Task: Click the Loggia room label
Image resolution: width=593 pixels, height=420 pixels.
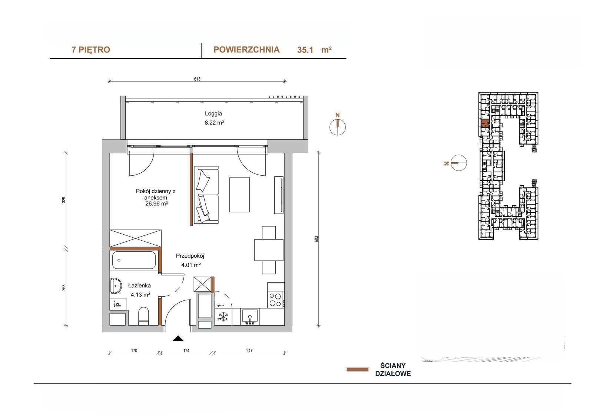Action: pos(213,114)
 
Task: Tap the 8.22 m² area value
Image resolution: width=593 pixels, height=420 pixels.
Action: pos(214,123)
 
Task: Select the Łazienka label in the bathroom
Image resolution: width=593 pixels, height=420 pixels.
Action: pos(139,286)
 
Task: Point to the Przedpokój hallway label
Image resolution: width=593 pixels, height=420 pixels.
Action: pos(190,256)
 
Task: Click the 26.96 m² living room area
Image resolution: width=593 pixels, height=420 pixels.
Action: pos(156,204)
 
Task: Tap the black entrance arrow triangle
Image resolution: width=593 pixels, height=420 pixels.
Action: pos(178,339)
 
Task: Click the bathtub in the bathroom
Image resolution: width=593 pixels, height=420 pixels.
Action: pos(134,260)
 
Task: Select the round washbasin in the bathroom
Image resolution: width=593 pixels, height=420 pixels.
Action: pos(115,286)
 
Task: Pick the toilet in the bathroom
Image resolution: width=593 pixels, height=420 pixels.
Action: pos(144,316)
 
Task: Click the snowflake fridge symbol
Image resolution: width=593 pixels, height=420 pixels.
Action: pos(223,317)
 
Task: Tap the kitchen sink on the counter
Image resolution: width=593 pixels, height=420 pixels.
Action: pos(250,317)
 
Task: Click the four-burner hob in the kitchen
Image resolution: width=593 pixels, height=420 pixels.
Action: pos(276,300)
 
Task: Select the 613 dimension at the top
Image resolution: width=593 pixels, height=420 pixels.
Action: pos(197,79)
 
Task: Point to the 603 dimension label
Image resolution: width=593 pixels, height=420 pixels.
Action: pos(316,239)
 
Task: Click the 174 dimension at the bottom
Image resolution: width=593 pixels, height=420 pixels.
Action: pos(186,351)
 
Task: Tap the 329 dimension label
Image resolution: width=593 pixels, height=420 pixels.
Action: pos(63,200)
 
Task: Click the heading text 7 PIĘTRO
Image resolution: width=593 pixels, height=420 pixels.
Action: pos(91,50)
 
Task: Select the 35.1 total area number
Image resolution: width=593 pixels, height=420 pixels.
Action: pos(305,50)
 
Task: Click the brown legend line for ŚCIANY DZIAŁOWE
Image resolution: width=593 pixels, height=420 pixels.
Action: pos(357,369)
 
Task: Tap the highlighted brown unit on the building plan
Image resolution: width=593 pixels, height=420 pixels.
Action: pos(485,124)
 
